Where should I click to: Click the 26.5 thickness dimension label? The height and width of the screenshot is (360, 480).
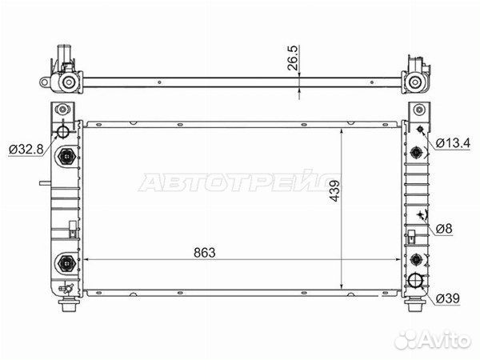[293, 58]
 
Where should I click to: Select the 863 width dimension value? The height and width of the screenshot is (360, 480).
[205, 253]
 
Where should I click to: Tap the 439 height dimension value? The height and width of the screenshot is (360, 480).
[334, 191]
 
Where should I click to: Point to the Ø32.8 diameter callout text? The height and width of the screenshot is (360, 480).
[26, 150]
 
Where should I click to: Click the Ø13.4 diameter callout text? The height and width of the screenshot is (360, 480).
[453, 143]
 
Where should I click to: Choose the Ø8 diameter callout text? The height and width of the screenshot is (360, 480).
[444, 229]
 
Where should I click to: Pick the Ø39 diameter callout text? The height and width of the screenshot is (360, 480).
[447, 298]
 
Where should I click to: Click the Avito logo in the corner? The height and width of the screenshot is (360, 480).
[433, 340]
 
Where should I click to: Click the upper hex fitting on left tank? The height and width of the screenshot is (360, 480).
[66, 157]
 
